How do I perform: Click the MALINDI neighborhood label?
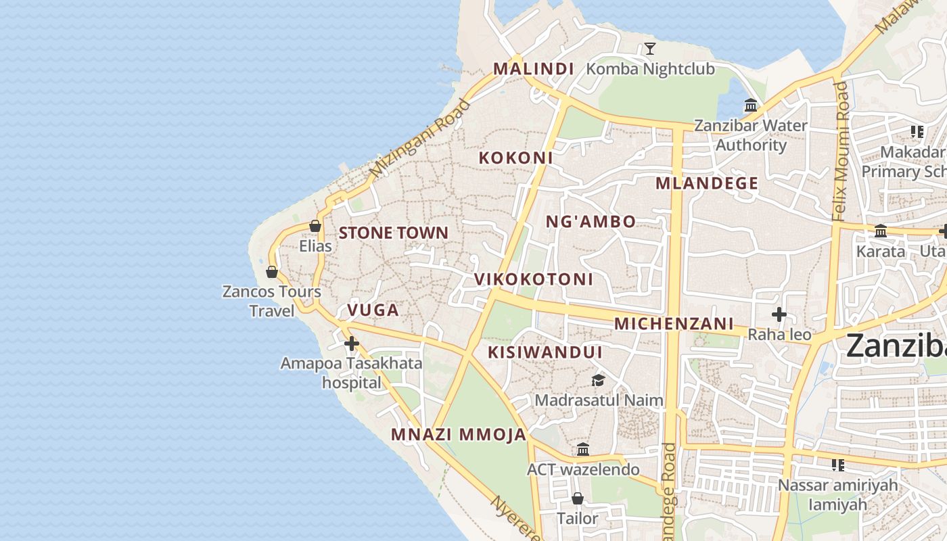pyautogui.click(x=533, y=69)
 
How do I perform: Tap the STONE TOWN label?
pyautogui.click(x=393, y=233)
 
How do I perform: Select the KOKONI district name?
pyautogui.click(x=515, y=158)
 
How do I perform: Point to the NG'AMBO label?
pyautogui.click(x=591, y=222)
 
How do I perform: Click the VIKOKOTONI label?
pyautogui.click(x=533, y=279)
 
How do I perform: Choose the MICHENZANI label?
pyautogui.click(x=674, y=324)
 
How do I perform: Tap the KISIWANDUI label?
pyautogui.click(x=545, y=352)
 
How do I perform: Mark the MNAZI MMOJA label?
pyautogui.click(x=458, y=435)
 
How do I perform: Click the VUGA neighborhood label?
pyautogui.click(x=373, y=310)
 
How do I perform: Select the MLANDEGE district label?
pyautogui.click(x=706, y=184)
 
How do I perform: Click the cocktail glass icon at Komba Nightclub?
pyautogui.click(x=649, y=49)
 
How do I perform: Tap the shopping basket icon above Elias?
pyautogui.click(x=315, y=226)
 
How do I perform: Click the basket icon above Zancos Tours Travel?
pyautogui.click(x=272, y=272)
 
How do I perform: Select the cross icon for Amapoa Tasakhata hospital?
pyautogui.click(x=351, y=344)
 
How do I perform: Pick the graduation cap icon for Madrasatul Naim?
pyautogui.click(x=598, y=381)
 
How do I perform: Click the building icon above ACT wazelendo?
pyautogui.click(x=583, y=450)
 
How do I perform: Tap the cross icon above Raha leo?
pyautogui.click(x=779, y=314)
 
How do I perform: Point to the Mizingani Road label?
pyautogui.click(x=419, y=139)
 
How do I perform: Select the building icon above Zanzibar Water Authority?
pyautogui.click(x=751, y=105)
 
